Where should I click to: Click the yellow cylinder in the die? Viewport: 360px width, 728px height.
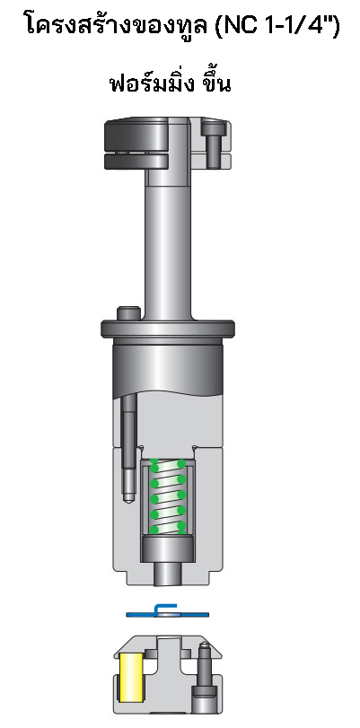point(131,677)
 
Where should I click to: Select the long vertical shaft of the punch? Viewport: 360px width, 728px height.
point(168,242)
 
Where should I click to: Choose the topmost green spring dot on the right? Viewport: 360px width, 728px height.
point(181,464)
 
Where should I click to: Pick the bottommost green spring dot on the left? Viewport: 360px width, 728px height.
point(154,530)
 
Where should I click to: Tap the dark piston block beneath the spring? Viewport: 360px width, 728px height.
point(168,547)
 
